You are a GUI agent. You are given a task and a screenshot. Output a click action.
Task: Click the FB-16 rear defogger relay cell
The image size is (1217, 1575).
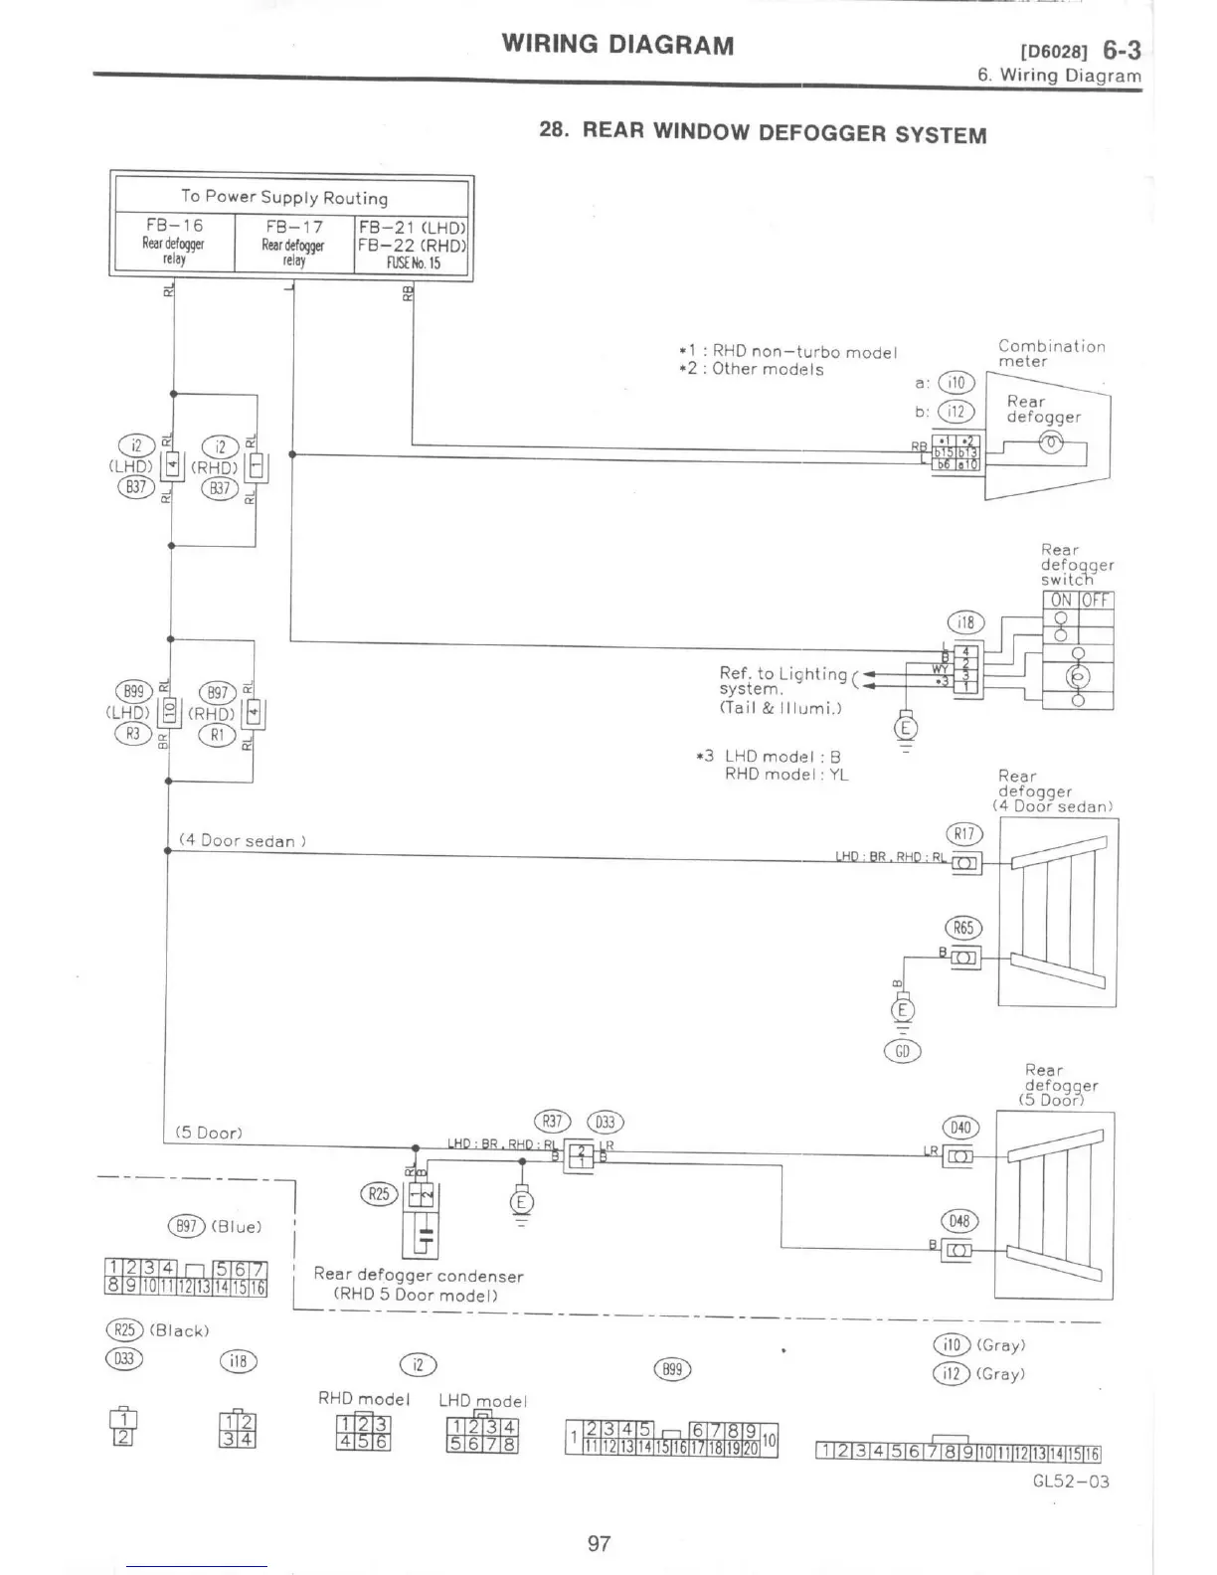[174, 242]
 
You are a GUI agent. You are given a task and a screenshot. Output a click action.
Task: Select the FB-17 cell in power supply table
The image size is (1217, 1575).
[293, 242]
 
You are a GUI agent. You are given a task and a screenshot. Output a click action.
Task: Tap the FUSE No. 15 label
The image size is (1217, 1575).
[413, 263]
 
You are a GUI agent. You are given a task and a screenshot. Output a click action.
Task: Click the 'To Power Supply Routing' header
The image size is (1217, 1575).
[284, 197]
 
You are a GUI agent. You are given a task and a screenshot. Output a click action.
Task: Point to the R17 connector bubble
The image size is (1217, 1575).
[963, 834]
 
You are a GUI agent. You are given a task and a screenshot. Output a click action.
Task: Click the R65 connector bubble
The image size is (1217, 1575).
[962, 928]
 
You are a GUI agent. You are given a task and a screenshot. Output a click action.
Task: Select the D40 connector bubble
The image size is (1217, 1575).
[960, 1127]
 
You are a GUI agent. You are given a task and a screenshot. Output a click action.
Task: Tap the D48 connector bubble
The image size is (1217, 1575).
[960, 1220]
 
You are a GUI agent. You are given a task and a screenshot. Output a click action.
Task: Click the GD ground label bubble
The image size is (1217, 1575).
[903, 1051]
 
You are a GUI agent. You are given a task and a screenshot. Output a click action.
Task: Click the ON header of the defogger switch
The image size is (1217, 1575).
[1061, 601]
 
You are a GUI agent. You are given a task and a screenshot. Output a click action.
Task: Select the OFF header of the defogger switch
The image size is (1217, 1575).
[1096, 601]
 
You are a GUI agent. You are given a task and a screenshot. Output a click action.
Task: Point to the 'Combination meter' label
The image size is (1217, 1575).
[1051, 354]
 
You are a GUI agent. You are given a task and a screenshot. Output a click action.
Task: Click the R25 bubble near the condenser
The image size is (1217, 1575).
[379, 1193]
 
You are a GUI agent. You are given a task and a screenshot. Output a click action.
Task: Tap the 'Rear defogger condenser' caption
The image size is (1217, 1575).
[418, 1275]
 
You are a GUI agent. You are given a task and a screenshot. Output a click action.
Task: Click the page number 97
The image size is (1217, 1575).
[599, 1543]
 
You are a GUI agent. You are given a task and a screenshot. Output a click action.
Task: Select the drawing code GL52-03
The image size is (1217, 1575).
[1071, 1481]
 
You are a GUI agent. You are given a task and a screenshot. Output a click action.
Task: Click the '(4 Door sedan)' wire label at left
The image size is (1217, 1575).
[242, 841]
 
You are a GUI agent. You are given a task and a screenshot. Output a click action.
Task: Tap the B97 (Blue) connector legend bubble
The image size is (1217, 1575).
[186, 1225]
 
